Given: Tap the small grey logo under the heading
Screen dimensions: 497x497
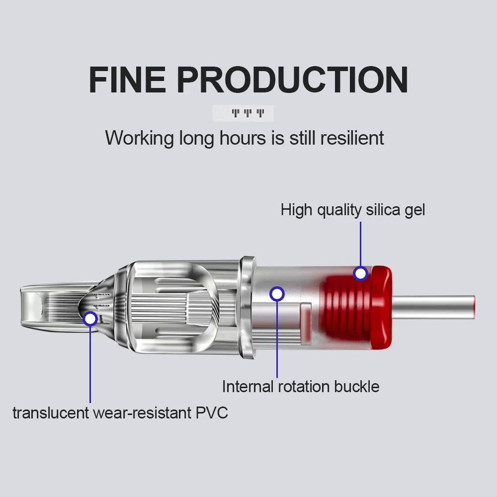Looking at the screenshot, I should tap(243, 113).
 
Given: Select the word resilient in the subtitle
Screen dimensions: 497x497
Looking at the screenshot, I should tap(352, 138).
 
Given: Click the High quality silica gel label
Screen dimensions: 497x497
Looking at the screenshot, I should tap(353, 210).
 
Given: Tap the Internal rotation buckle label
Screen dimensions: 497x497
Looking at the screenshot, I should tap(301, 386).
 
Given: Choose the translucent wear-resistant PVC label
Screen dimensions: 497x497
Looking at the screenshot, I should tap(120, 413).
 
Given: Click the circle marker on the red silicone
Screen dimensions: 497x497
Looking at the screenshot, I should tap(360, 273).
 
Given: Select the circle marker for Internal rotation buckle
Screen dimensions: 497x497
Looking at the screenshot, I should tap(277, 293).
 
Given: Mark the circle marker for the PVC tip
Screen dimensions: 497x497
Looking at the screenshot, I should tap(90, 319).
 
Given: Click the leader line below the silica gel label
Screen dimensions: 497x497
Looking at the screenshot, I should tap(360, 244).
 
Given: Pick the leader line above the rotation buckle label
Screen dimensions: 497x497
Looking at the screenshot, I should tap(277, 338).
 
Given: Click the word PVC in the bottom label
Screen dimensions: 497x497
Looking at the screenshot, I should tap(211, 413).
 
